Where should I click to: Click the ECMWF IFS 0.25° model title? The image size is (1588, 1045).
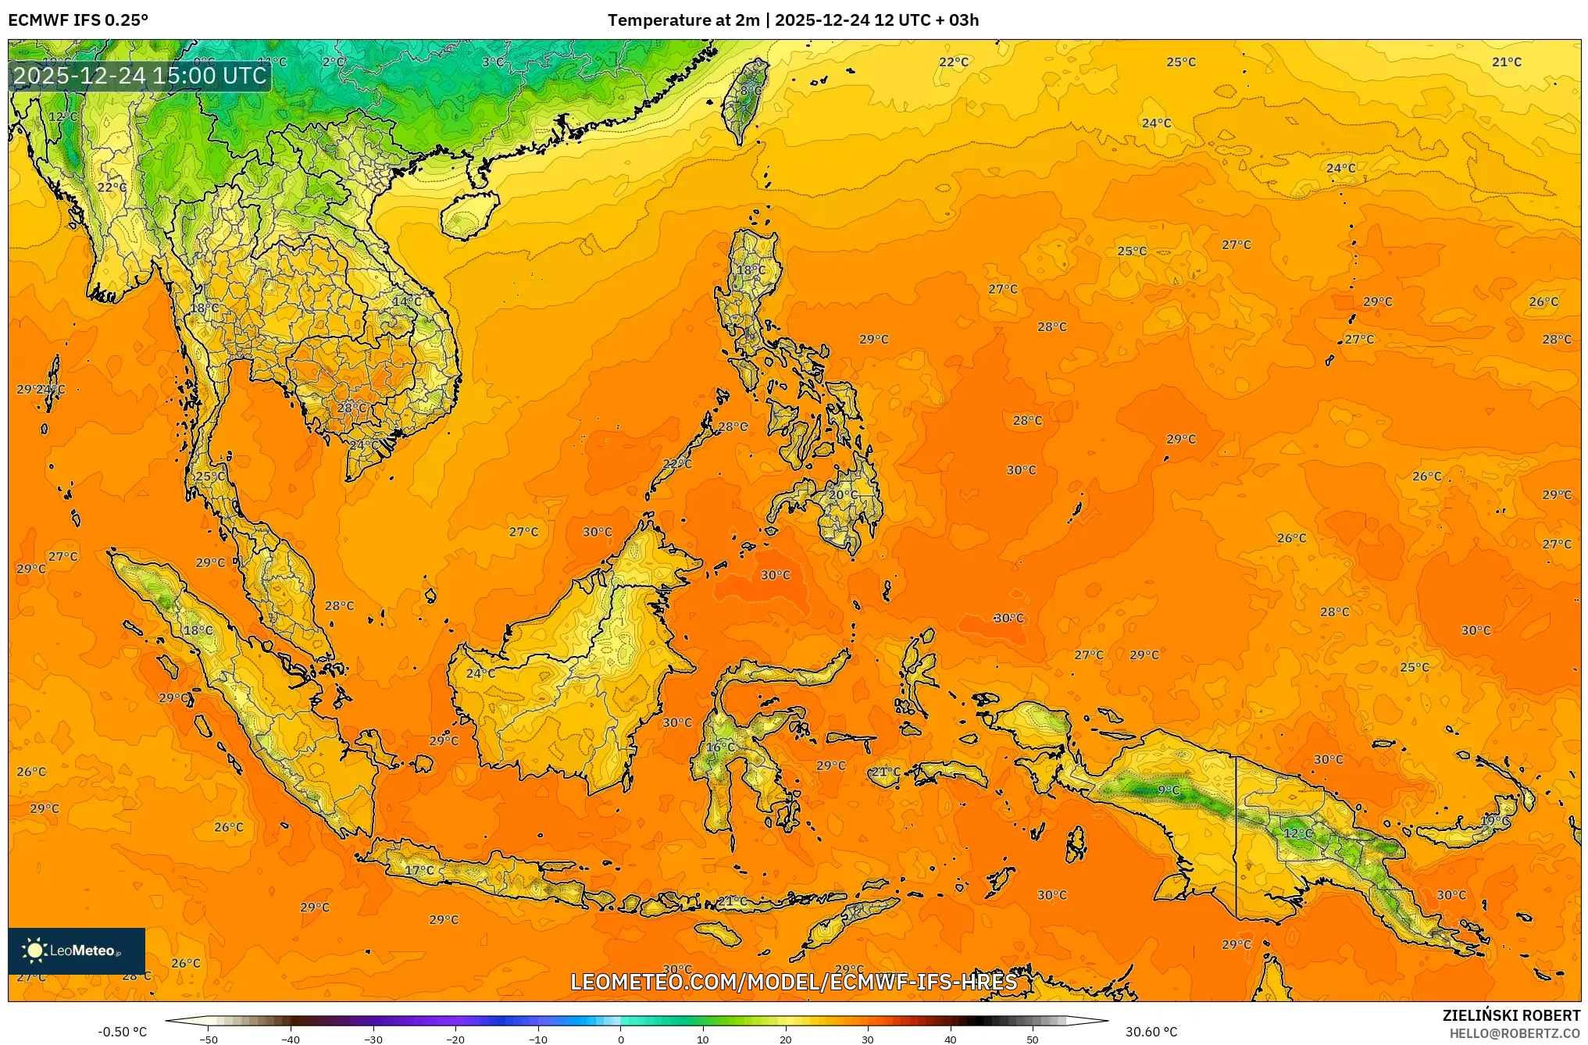[78, 20]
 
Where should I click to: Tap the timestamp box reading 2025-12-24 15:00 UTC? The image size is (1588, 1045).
[140, 76]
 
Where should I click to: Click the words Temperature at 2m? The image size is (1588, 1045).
[683, 20]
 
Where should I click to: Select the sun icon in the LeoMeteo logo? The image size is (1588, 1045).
[34, 950]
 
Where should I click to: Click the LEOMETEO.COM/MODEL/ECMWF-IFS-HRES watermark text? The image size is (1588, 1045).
[794, 982]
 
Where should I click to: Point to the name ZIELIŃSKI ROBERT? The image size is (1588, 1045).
[1511, 1015]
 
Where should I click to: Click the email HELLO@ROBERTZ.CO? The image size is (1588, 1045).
[1515, 1033]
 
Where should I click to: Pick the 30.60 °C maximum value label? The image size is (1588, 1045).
[1151, 1032]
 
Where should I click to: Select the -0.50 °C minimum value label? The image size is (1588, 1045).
[123, 1032]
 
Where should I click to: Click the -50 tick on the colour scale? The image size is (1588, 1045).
[209, 1040]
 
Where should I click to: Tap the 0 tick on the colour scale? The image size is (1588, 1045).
[621, 1040]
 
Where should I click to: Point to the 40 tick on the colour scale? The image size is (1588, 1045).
[951, 1040]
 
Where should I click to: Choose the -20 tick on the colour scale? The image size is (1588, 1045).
[455, 1040]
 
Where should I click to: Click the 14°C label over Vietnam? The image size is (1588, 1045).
[407, 301]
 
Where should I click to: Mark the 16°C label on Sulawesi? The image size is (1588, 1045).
[720, 747]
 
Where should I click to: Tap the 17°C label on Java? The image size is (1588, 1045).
[419, 870]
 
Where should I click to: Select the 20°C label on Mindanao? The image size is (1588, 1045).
[843, 494]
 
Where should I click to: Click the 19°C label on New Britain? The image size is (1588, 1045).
[1495, 822]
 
